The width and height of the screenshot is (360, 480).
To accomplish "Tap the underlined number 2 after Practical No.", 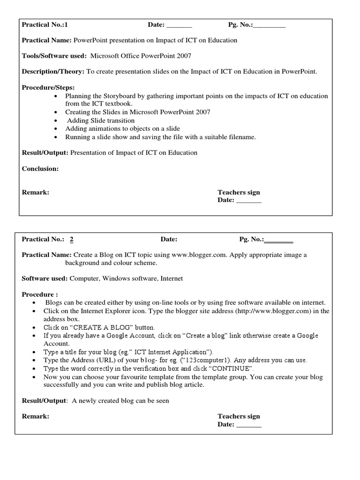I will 72,240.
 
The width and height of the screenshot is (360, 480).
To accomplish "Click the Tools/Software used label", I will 54,56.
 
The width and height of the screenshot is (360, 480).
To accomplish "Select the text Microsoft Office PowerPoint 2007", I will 141,56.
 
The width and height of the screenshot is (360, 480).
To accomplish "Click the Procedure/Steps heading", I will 48,88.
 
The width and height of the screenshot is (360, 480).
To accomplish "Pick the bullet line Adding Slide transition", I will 101,120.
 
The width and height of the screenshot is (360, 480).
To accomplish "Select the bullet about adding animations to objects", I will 122,128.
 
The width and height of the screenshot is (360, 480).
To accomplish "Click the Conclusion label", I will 40,169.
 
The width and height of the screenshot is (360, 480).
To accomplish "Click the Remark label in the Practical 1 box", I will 36,192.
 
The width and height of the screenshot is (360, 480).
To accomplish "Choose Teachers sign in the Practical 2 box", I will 239,416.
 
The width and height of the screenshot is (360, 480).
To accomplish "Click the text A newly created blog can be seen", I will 120,401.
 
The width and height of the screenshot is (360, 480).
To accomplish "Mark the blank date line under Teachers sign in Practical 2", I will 248,425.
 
